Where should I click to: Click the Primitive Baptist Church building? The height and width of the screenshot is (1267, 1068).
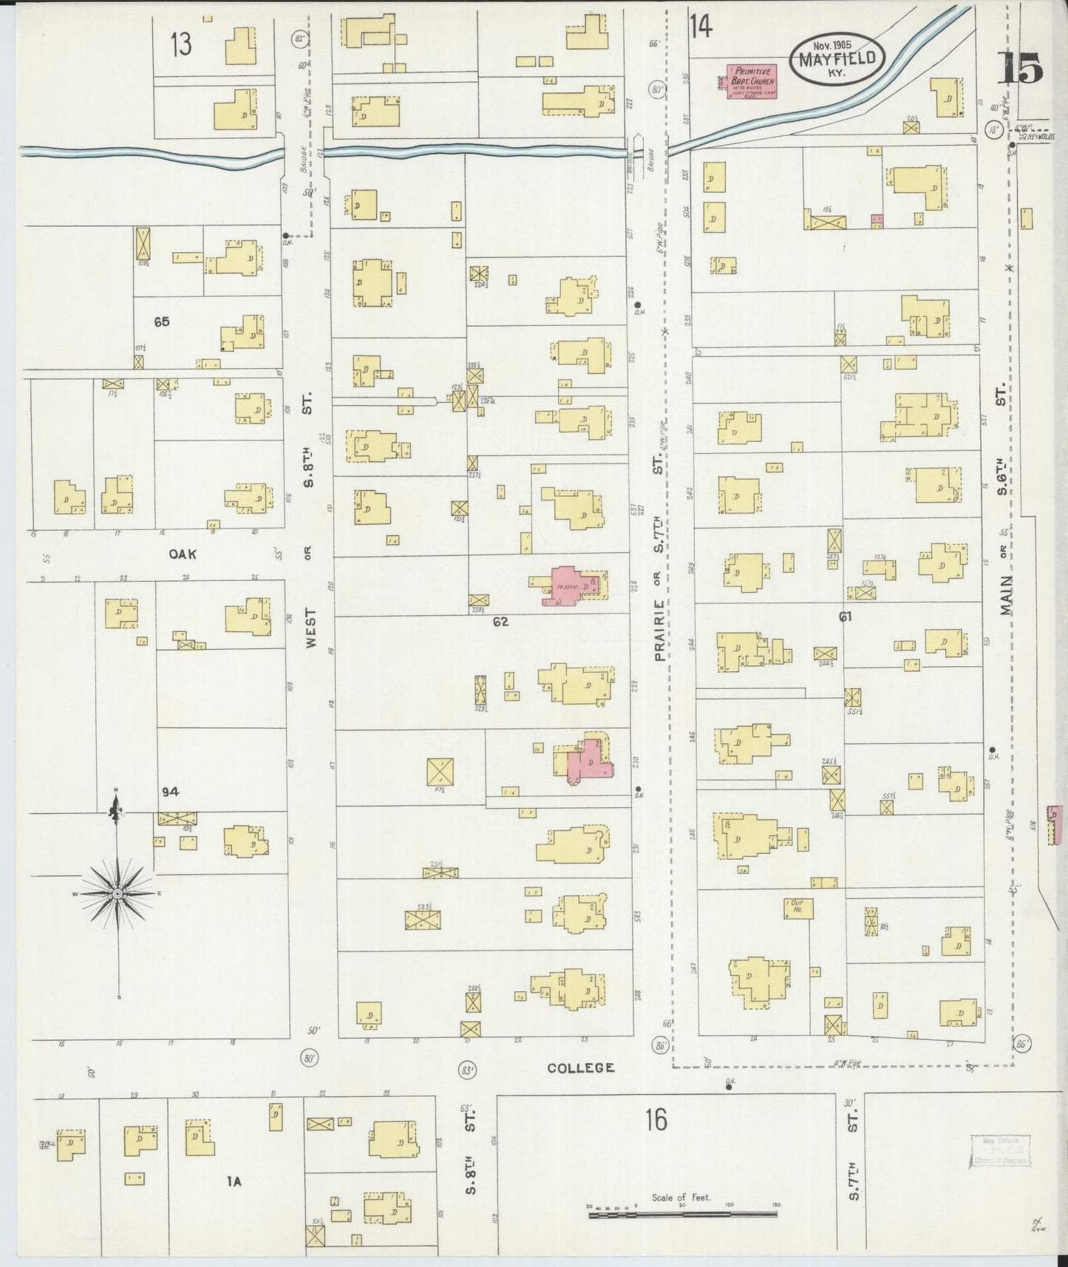tap(752, 81)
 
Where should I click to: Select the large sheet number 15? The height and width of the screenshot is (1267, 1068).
tap(1021, 69)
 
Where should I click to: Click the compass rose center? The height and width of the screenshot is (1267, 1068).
tap(117, 894)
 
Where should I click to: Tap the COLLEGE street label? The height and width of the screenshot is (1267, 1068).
tap(581, 1067)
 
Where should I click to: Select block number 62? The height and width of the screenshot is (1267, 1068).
tap(501, 622)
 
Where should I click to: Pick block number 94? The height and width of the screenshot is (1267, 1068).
tap(171, 792)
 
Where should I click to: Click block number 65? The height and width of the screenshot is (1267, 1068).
tap(162, 322)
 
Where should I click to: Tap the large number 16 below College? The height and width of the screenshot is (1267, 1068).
tap(655, 1120)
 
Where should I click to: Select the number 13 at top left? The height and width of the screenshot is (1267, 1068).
tap(180, 44)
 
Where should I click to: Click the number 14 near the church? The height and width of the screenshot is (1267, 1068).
tap(700, 27)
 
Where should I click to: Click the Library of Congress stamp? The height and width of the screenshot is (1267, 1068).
tap(999, 1151)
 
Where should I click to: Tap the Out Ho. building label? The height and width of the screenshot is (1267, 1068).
tap(797, 906)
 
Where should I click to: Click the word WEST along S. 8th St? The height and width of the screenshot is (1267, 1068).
tap(310, 629)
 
